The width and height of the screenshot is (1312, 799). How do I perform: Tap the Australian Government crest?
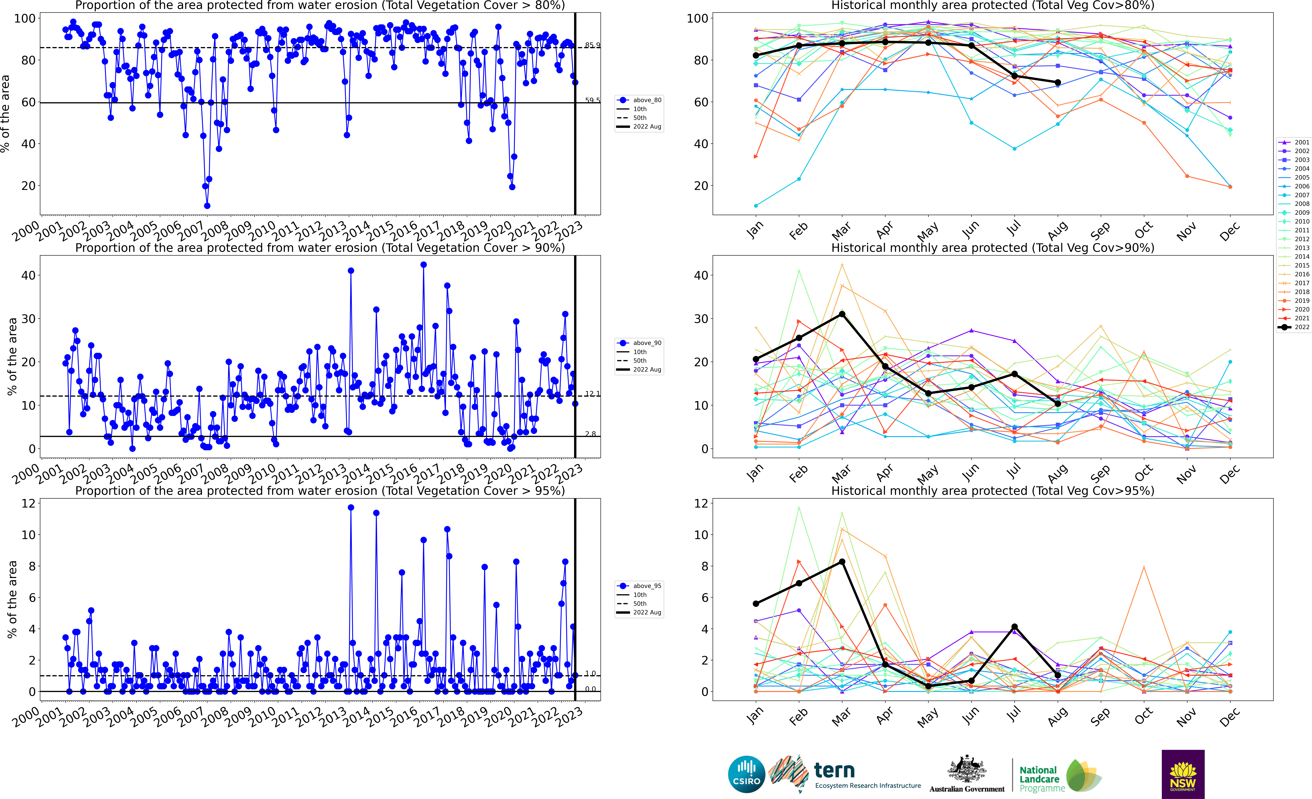click(x=966, y=770)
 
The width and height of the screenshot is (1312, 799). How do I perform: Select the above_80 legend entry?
click(x=639, y=100)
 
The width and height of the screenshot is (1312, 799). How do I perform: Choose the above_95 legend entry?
click(x=639, y=586)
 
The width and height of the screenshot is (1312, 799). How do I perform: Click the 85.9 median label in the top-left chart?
click(x=592, y=45)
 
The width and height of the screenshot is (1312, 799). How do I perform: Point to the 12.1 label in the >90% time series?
click(x=592, y=394)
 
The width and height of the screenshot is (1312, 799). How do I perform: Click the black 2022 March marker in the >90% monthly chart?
click(x=842, y=314)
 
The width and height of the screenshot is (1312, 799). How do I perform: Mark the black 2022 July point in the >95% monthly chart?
click(x=1014, y=627)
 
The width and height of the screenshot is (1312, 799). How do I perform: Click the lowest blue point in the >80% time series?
click(x=207, y=206)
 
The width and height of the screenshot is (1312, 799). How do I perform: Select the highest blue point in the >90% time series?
click(x=423, y=265)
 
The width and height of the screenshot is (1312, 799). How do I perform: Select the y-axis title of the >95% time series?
click(x=12, y=599)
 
